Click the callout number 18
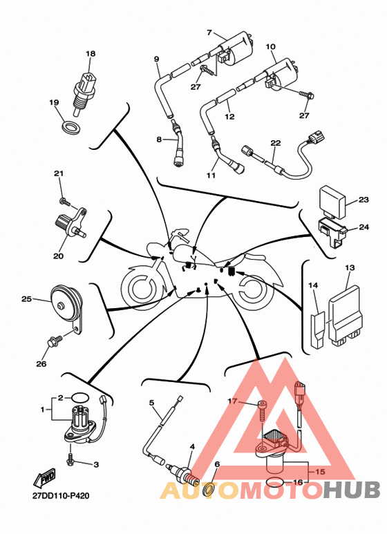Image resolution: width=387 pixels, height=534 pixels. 91,54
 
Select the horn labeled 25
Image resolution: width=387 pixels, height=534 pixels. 67,304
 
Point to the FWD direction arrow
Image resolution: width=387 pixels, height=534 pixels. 45,477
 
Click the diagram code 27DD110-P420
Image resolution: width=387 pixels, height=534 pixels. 61,495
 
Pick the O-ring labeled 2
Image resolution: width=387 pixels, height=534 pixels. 80,397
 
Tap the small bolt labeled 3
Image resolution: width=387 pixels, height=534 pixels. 71,460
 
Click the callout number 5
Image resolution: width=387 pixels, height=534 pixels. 151,403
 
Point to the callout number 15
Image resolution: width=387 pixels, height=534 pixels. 320,472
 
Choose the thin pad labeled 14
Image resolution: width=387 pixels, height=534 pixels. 317,330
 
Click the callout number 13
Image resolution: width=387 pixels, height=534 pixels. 350,268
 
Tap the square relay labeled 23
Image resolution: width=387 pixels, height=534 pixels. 331,200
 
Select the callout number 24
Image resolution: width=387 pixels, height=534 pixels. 364,227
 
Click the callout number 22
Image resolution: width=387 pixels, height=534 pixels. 276,143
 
